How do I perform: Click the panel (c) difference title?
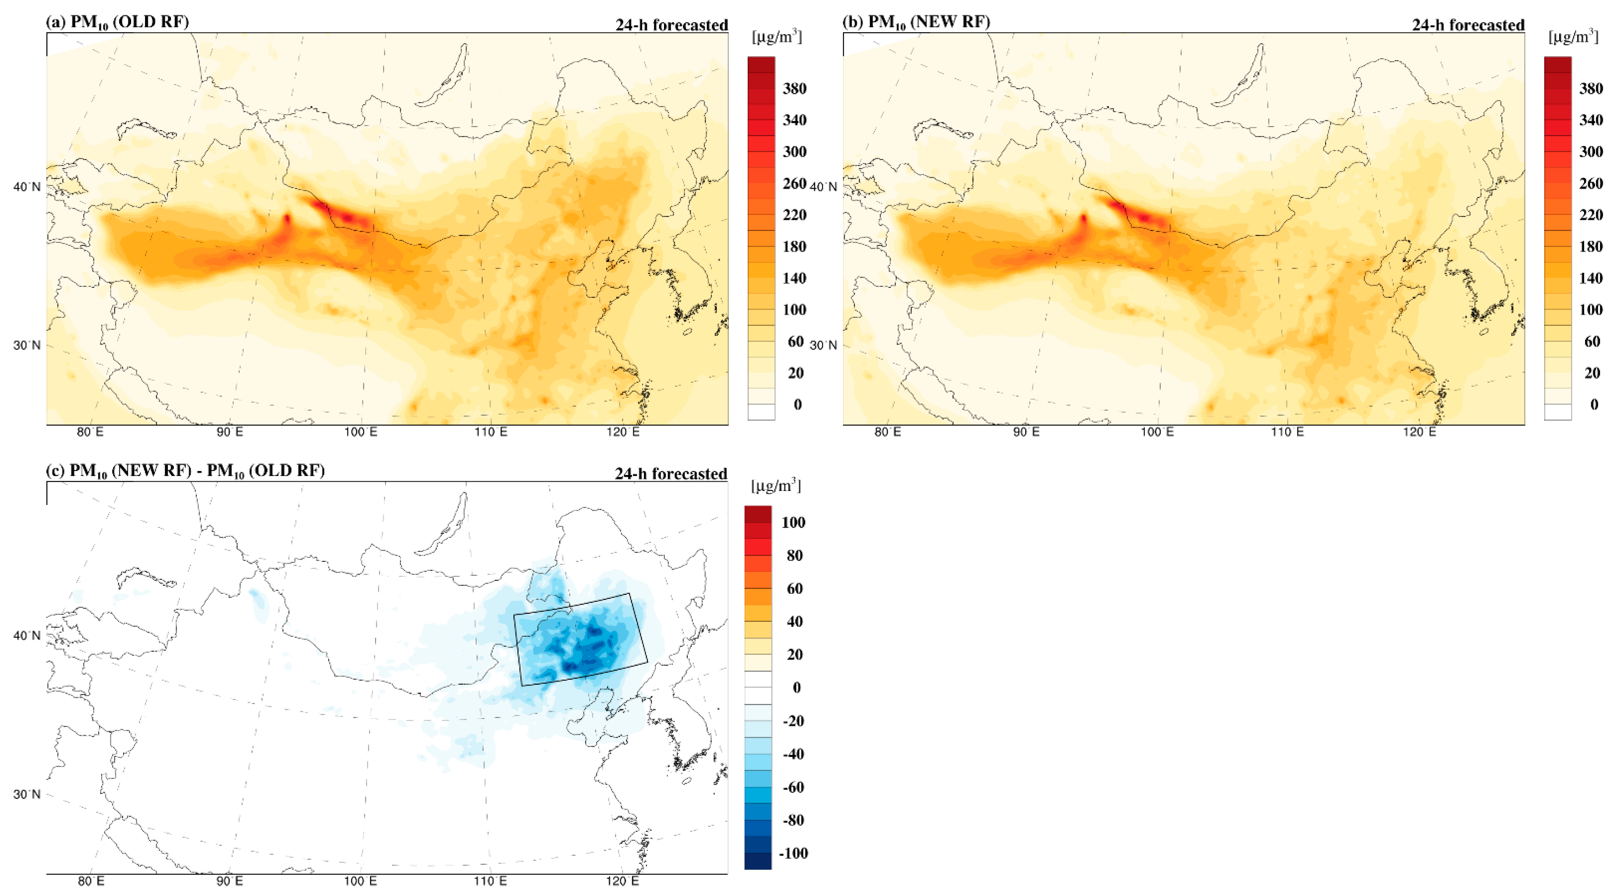186,471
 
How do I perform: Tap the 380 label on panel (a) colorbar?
794,88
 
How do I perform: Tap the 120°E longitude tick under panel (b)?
1419,432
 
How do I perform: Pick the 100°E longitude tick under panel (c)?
361,881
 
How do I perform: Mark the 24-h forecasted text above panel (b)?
1468,25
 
